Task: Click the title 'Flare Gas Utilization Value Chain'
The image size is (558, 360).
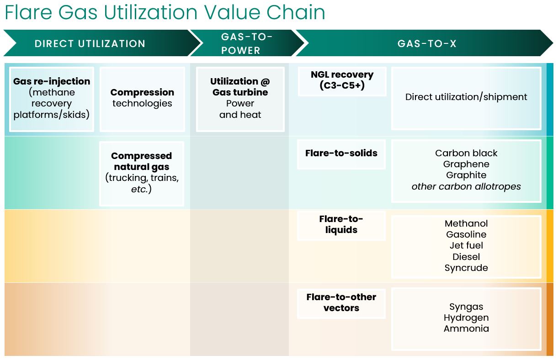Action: pos(165,12)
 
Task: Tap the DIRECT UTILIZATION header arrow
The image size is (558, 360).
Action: pos(90,44)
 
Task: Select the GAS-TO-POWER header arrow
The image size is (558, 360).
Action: pos(247,43)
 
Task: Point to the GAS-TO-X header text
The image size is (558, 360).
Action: pos(427,44)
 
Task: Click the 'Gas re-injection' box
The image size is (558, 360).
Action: pos(52,98)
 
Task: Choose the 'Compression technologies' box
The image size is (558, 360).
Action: pos(142,98)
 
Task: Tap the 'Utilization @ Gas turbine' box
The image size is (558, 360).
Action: pos(240,98)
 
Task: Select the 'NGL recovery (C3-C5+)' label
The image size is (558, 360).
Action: pos(342,80)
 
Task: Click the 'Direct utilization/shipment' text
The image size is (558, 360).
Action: pos(466,97)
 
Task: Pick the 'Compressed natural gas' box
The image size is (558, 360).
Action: pos(142,173)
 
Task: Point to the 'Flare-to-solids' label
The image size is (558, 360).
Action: pos(341,154)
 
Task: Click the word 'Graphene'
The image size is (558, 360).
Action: pos(466,164)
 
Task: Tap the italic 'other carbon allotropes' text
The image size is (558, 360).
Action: pos(466,186)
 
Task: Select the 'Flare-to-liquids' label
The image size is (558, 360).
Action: pos(341,224)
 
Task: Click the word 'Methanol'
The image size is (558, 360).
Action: pos(466,223)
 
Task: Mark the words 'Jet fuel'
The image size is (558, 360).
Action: pos(466,246)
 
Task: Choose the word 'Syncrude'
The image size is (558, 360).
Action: pos(466,268)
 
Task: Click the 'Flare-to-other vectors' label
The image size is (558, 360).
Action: pos(341,302)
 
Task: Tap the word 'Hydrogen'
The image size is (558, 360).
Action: pos(466,318)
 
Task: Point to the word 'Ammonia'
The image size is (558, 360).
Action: pos(466,329)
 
